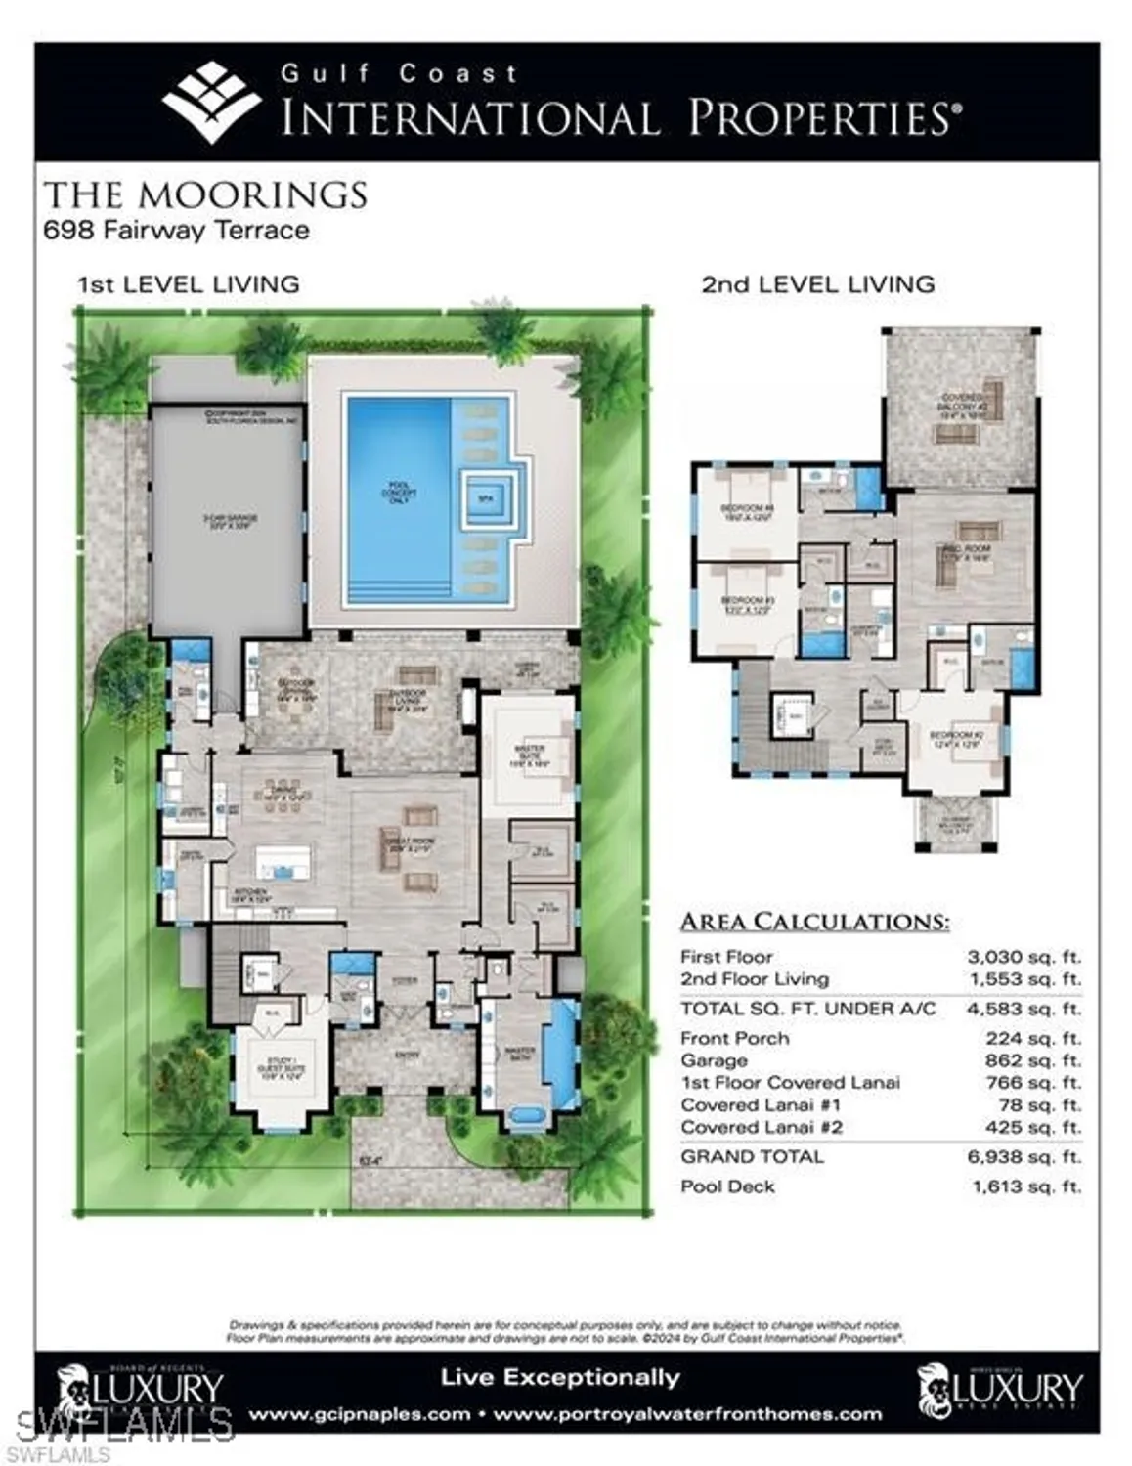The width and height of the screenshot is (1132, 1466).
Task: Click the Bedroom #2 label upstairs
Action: click(x=955, y=739)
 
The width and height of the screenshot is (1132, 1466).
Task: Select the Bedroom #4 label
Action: click(x=747, y=512)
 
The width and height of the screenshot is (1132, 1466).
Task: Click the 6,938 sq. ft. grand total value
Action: click(x=1026, y=1157)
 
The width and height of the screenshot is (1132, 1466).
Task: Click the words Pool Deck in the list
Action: click(x=727, y=1186)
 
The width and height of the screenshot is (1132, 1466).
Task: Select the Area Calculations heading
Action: click(x=814, y=921)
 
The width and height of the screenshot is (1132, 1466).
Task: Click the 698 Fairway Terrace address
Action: click(x=177, y=231)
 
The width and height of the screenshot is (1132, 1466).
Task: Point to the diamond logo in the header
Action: click(x=211, y=102)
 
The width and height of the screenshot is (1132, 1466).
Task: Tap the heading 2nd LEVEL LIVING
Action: click(x=817, y=284)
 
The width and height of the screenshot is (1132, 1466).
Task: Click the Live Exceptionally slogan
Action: click(x=559, y=1378)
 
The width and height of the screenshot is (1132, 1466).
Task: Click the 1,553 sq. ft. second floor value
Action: click(x=1025, y=979)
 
